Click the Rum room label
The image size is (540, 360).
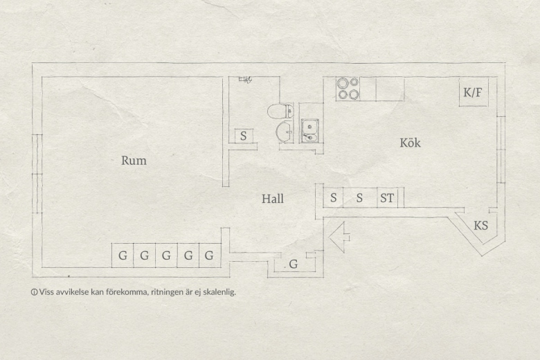[x=134, y=161]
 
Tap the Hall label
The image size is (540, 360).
[x=272, y=199]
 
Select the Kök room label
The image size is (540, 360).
[x=410, y=143]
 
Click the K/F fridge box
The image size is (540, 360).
[x=473, y=92]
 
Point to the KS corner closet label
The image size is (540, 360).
[x=480, y=226]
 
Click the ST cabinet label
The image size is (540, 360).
[x=387, y=198]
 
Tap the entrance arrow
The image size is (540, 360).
[x=339, y=237]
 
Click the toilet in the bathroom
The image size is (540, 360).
[x=280, y=111]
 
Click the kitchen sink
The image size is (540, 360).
[x=310, y=131]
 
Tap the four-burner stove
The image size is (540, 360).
[x=348, y=89]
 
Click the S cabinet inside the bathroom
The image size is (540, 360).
[x=244, y=136]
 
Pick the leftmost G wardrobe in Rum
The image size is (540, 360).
[x=123, y=255]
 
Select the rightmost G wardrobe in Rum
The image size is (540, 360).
[x=210, y=255]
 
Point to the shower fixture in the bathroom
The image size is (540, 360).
[x=245, y=80]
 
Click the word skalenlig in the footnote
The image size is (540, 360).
[x=219, y=292]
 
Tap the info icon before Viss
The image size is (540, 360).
[x=34, y=292]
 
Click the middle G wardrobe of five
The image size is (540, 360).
[x=166, y=255]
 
